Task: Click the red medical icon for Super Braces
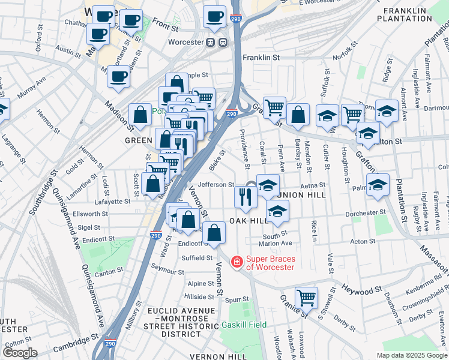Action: [x=237, y=262]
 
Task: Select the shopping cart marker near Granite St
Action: [x=306, y=296]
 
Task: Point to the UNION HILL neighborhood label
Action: [x=301, y=195]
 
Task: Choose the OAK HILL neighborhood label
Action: [x=248, y=221]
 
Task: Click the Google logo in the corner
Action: [x=20, y=352]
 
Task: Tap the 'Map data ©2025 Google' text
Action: [x=411, y=355]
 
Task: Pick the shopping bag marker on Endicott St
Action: [x=214, y=233]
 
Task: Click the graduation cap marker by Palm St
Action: [x=377, y=185]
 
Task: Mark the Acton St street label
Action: [x=363, y=242]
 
